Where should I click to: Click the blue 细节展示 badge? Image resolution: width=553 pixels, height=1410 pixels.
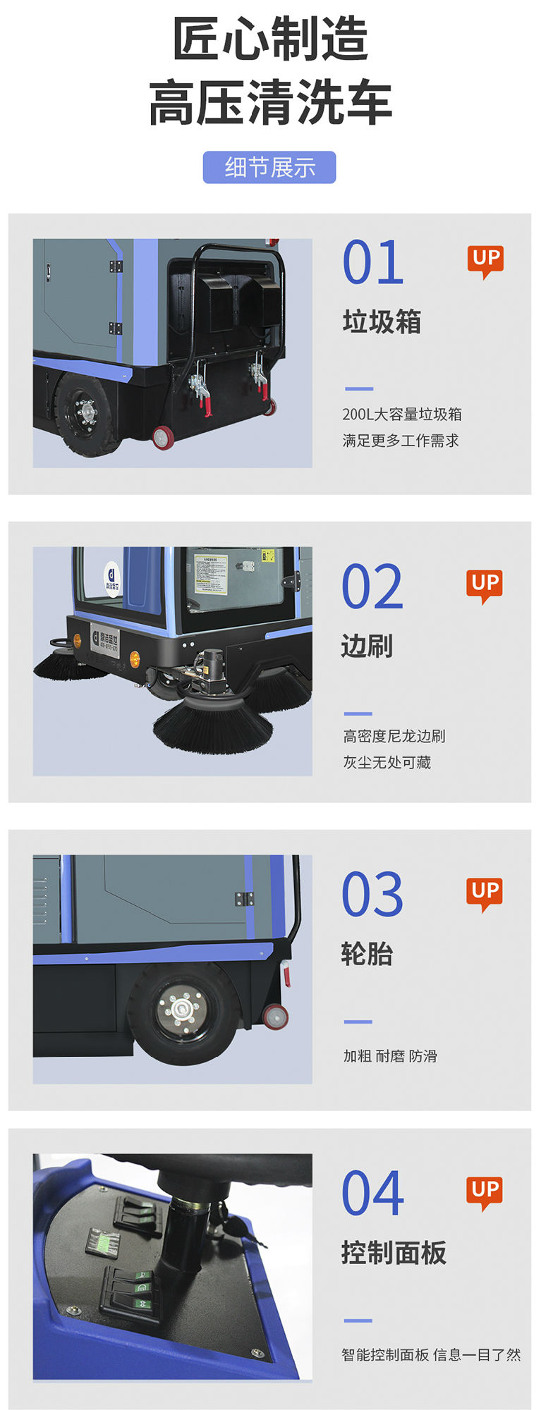coord(269,167)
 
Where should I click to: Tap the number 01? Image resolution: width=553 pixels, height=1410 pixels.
coord(372,262)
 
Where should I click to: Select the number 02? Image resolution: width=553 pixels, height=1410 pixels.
coord(372,587)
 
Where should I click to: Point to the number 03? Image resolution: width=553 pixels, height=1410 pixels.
coord(372,895)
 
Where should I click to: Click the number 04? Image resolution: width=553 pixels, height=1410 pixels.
coord(372,1194)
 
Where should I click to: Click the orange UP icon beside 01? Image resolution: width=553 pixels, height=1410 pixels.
coord(485,260)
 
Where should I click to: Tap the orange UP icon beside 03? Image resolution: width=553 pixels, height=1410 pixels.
coord(485,893)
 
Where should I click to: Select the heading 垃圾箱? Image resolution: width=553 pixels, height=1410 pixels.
coord(382,322)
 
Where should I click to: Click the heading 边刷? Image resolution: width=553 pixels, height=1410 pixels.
coord(366,646)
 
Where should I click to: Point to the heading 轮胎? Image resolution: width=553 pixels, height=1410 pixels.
coord(366,954)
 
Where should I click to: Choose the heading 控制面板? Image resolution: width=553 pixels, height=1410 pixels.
coord(394,1253)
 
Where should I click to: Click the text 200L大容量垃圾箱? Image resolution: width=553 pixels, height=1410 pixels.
coord(402,415)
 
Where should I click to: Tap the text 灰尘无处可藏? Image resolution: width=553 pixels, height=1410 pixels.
coord(387,762)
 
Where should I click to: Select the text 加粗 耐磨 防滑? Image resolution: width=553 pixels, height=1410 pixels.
coord(390,1056)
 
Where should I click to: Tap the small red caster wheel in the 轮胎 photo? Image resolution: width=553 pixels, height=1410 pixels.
coord(275,1016)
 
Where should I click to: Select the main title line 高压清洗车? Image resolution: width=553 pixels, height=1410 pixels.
coord(270,103)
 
